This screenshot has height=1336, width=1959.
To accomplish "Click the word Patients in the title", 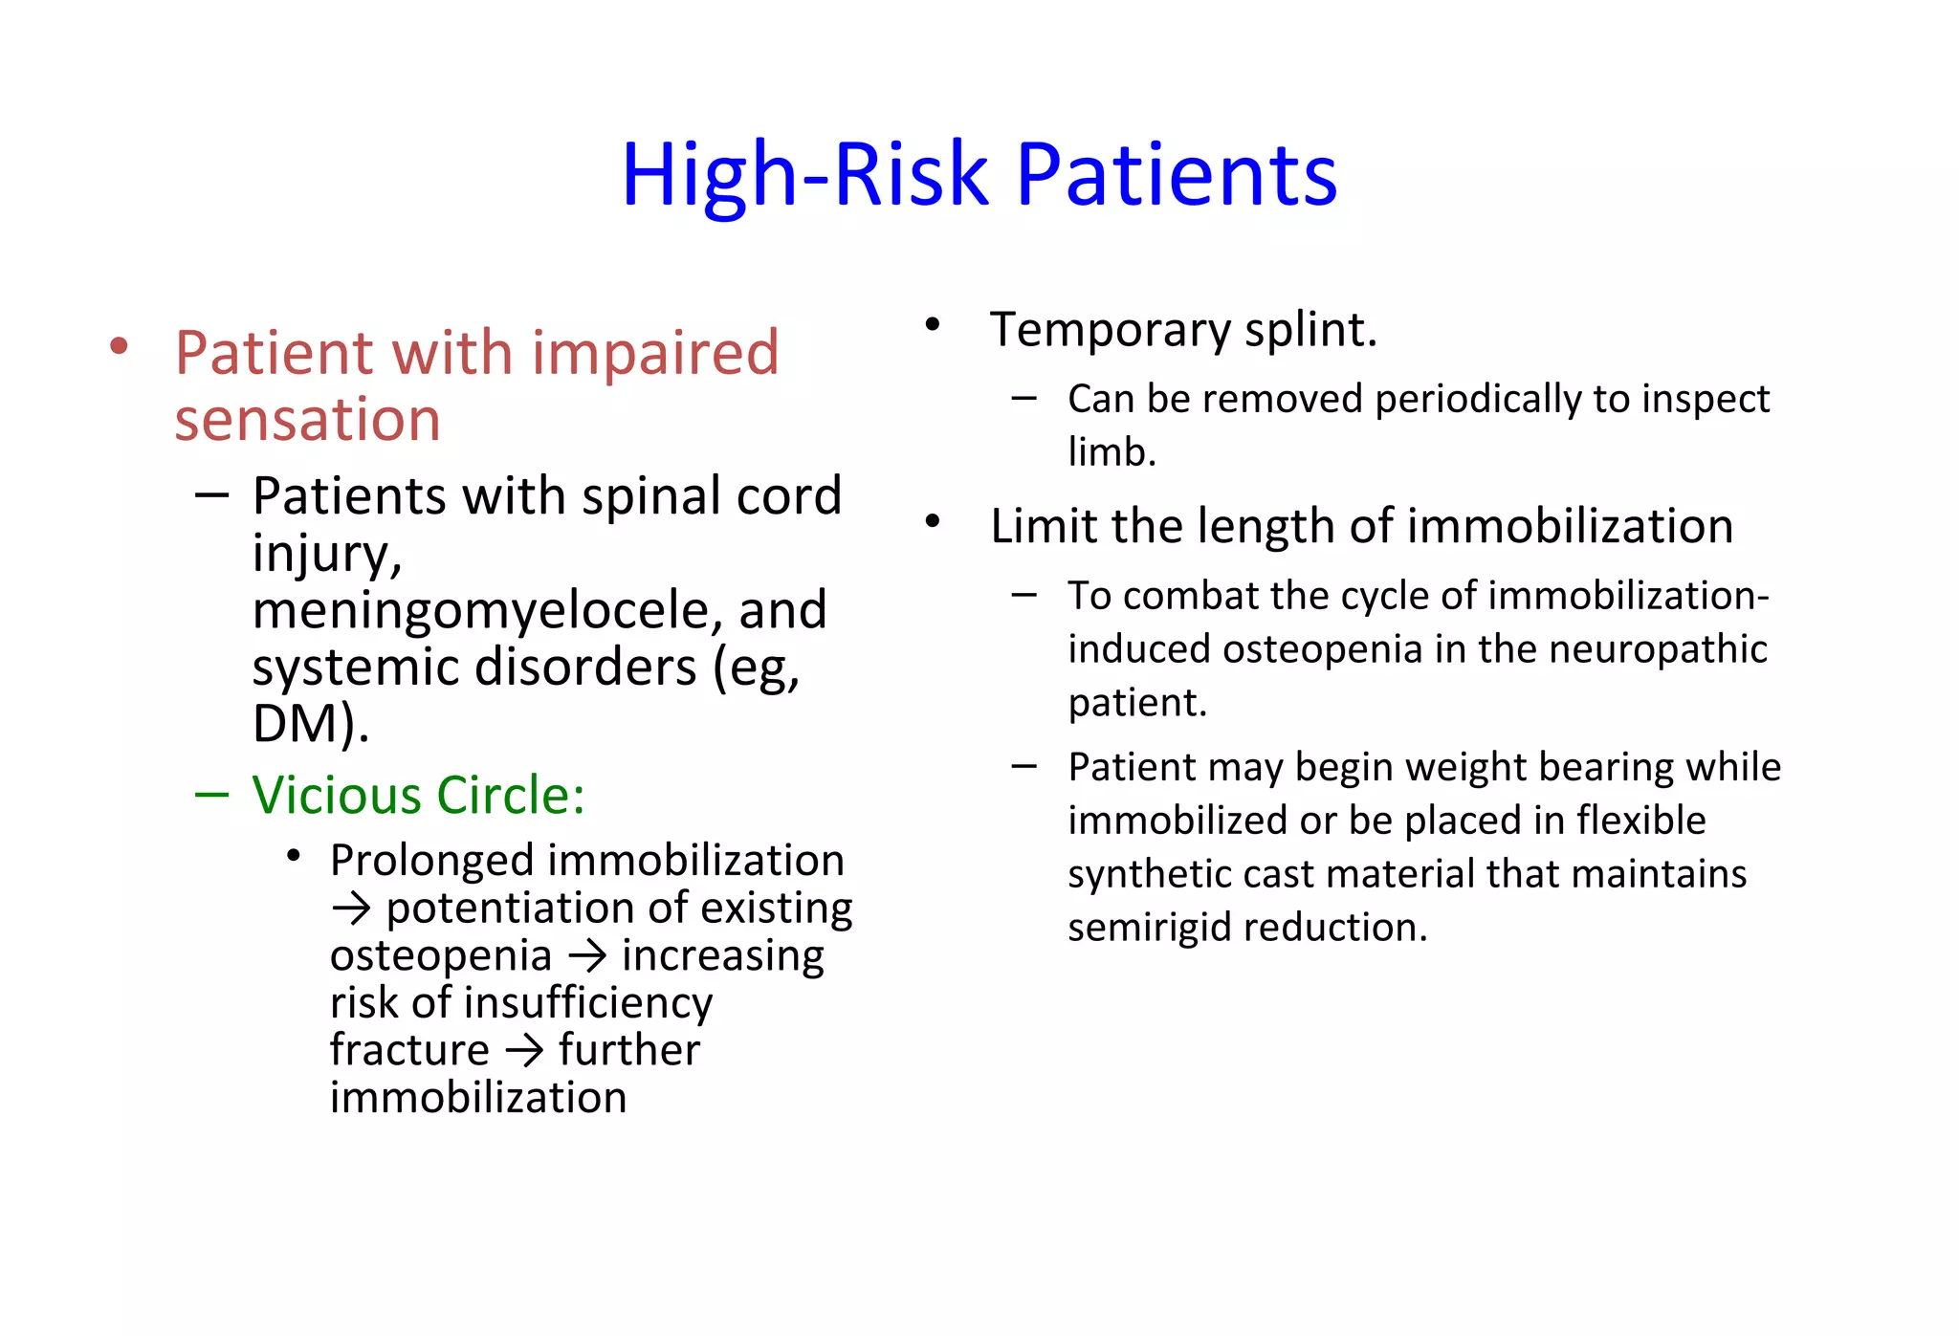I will (1176, 175).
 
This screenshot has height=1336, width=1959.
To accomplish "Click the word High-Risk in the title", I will (803, 175).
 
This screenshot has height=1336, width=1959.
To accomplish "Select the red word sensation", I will (307, 420).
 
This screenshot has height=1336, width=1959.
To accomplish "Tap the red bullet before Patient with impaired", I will (119, 346).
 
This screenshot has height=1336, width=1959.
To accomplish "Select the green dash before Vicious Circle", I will (210, 795).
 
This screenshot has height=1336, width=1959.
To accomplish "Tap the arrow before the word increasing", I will (587, 956).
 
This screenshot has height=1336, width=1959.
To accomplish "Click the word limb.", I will (1112, 452).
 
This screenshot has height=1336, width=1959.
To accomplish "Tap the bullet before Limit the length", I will (933, 521).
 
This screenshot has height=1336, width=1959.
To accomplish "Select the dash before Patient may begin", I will (1024, 766).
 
